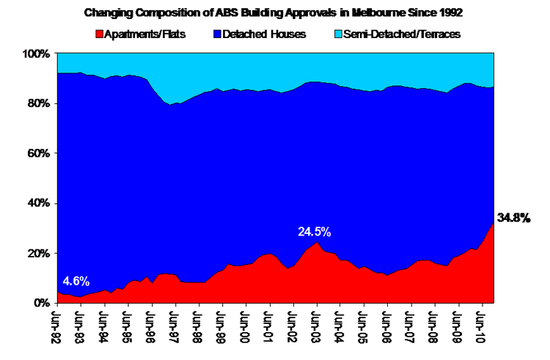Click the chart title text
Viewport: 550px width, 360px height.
click(x=275, y=12)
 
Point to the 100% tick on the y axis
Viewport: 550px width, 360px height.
click(x=36, y=54)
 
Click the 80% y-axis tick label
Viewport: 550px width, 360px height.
click(x=38, y=104)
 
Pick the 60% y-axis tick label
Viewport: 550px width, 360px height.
click(x=38, y=154)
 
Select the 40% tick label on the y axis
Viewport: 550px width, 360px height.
click(x=38, y=203)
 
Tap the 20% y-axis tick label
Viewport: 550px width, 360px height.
click(x=38, y=253)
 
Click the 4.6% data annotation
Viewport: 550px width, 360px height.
click(x=76, y=281)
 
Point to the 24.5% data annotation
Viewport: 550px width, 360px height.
click(x=314, y=232)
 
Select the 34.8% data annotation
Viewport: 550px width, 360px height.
click(x=513, y=218)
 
